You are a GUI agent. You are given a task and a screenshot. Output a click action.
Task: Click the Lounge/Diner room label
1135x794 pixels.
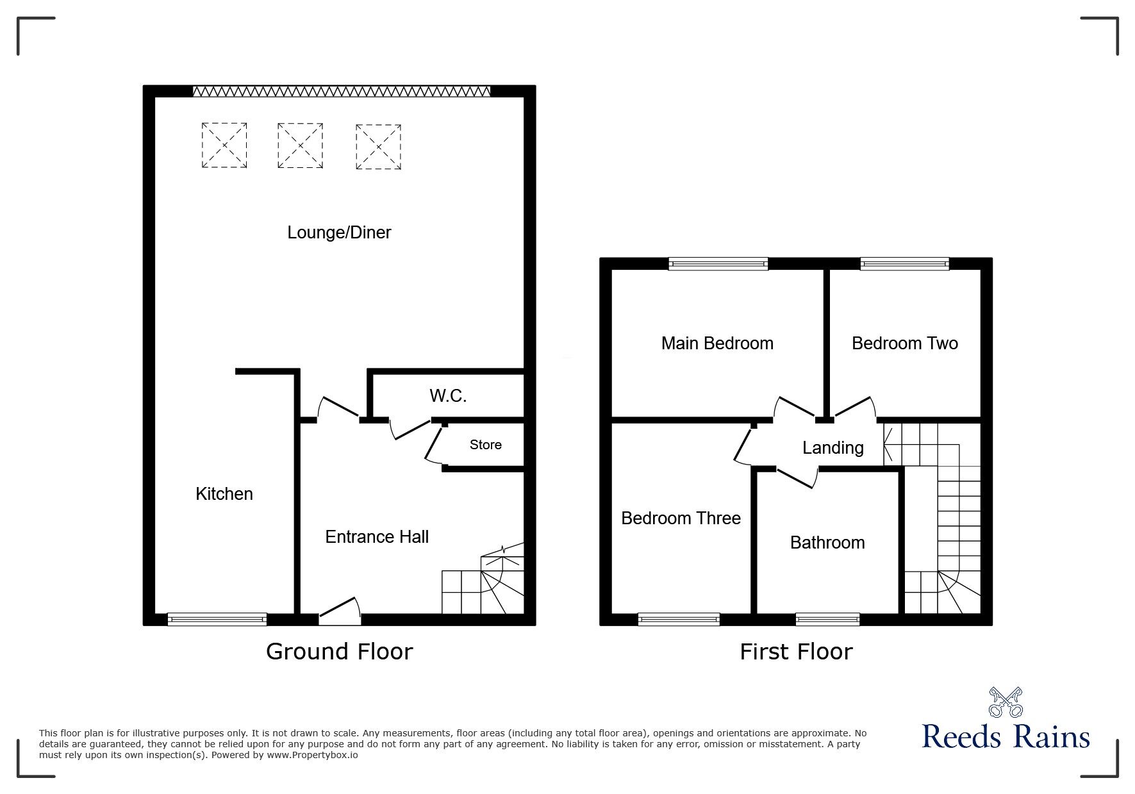(339, 233)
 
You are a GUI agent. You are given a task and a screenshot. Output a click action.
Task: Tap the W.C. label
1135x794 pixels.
(448, 396)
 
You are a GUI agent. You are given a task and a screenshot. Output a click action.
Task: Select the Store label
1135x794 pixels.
(486, 445)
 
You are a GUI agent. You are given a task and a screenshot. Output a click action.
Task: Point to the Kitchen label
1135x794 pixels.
(224, 493)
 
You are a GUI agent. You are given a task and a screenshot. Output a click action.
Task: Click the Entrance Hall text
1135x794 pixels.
(377, 536)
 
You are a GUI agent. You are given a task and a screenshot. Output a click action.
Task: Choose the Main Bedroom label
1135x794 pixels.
(717, 343)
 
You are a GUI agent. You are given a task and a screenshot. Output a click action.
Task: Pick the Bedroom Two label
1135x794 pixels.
(905, 343)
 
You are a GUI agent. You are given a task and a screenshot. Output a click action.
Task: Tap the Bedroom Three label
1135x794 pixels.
(681, 518)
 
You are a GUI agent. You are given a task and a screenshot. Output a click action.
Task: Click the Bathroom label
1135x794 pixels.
(827, 543)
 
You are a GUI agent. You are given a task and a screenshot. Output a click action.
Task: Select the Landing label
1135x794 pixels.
(833, 447)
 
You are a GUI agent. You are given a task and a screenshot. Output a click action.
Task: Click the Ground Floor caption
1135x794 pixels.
(339, 652)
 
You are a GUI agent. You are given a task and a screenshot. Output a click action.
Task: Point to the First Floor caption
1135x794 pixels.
(796, 652)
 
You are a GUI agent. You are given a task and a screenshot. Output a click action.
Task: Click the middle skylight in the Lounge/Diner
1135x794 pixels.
(300, 146)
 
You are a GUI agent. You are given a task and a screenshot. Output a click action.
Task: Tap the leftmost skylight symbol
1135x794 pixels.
(224, 145)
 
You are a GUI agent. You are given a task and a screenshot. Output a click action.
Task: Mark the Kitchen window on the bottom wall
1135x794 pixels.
(217, 619)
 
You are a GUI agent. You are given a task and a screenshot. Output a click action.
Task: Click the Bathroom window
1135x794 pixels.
(827, 619)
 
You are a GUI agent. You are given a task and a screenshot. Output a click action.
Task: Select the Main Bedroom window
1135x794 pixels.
(718, 263)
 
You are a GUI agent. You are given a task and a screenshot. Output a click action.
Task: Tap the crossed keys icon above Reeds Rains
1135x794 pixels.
(1006, 702)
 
